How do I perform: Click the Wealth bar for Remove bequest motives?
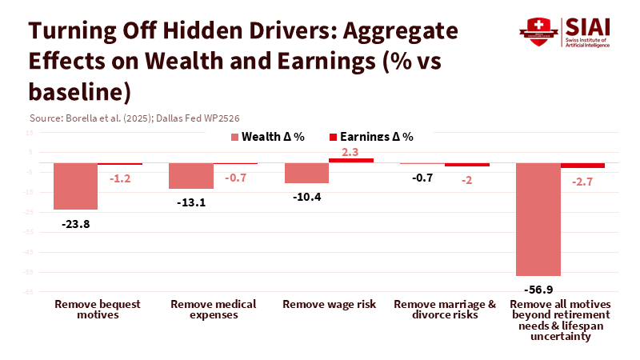tap(75, 186)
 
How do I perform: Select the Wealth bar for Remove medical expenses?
tap(190, 175)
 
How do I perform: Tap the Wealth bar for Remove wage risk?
tap(306, 173)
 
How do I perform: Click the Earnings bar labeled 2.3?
tap(351, 160)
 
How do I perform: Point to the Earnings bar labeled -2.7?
tap(582, 165)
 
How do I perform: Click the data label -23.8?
tap(75, 224)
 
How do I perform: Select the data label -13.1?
tap(191, 202)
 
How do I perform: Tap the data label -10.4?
tap(306, 197)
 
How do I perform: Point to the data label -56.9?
tap(538, 289)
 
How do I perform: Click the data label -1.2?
tap(119, 177)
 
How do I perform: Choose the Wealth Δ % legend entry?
tap(267, 137)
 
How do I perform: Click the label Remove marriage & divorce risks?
tap(445, 310)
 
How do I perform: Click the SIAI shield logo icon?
tap(538, 29)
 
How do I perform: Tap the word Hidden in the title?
tap(198, 32)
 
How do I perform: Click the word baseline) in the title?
tap(79, 90)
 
